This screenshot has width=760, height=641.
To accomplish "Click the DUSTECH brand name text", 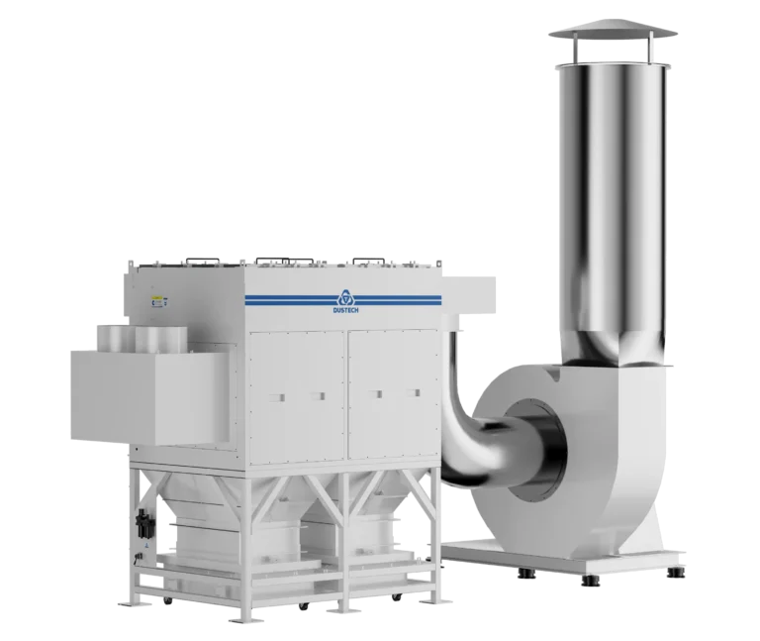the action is click(345, 310).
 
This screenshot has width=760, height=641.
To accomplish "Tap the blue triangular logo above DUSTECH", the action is click(345, 298).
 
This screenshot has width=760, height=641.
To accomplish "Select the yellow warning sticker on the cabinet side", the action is click(156, 298).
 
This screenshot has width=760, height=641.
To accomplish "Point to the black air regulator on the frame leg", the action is click(143, 523).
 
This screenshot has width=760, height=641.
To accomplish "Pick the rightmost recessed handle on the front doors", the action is click(413, 392).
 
